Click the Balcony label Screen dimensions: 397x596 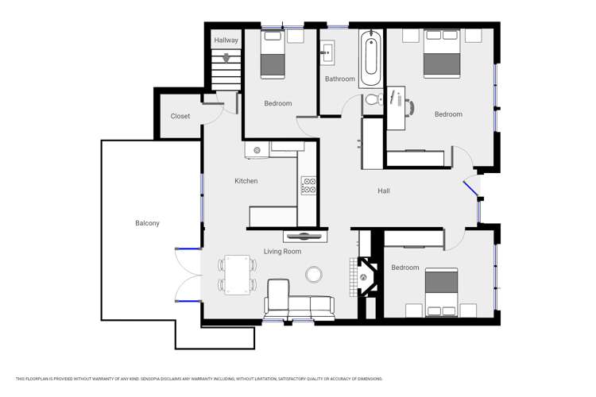pyautogui.click(x=147, y=223)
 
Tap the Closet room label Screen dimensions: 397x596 pyautogui.click(x=180, y=116)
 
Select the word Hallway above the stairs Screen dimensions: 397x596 pyautogui.click(x=226, y=40)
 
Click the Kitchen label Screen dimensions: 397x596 pyautogui.click(x=246, y=181)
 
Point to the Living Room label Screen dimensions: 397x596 pyautogui.click(x=282, y=252)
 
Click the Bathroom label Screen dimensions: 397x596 pyautogui.click(x=339, y=79)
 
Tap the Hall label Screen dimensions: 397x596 pyautogui.click(x=384, y=191)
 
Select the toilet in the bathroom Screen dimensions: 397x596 pyautogui.click(x=371, y=99)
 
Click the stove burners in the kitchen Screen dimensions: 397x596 pyautogui.click(x=309, y=186)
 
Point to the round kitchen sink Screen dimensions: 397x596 pyautogui.click(x=257, y=149)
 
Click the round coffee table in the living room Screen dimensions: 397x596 pyautogui.click(x=315, y=274)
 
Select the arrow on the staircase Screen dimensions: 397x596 pyautogui.click(x=226, y=58)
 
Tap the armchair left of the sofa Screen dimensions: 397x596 pyautogui.click(x=278, y=296)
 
